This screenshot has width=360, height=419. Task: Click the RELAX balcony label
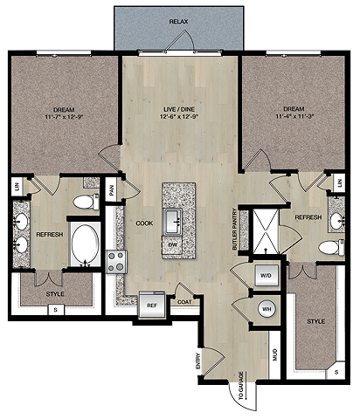tap(178, 22)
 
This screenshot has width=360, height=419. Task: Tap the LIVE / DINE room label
tap(179, 109)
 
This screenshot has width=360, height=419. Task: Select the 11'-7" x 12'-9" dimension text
tap(64, 117)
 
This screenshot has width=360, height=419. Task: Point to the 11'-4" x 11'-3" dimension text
tap(294, 116)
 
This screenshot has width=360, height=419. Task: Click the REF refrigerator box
tap(151, 305)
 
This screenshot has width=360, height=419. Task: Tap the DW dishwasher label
tap(173, 244)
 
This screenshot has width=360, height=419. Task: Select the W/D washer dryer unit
tap(267, 275)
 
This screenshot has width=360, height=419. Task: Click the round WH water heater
tap(267, 308)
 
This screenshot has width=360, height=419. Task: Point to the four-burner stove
tap(116, 262)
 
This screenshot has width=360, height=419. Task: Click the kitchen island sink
tap(173, 221)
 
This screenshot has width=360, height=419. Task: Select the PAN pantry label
tap(112, 189)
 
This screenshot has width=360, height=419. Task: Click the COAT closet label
tap(184, 302)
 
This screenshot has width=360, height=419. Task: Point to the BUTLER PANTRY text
tap(234, 229)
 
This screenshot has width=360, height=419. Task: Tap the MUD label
tap(275, 355)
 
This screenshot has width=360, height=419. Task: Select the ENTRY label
tap(198, 361)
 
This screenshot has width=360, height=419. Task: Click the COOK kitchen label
tap(144, 223)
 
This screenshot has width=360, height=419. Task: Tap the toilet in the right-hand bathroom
tap(331, 248)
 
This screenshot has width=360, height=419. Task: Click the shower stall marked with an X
tap(266, 231)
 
